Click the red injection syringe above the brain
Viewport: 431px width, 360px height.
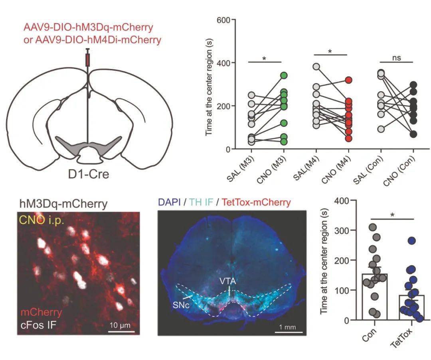pos(88,59)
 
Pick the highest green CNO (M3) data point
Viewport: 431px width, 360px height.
pos(284,75)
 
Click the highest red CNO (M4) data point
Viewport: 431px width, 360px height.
pos(348,80)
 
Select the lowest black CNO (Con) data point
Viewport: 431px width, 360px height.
pos(413,134)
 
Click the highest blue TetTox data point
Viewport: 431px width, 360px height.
pos(412,240)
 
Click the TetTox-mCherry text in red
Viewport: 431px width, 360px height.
pos(256,203)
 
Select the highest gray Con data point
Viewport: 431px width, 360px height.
pos(372,227)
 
